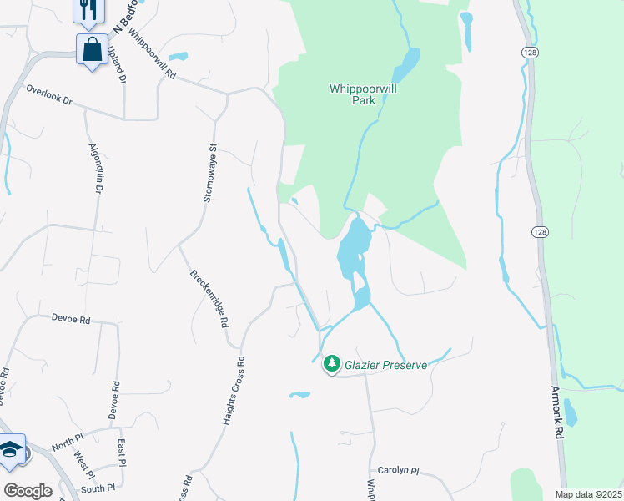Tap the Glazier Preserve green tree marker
coord(332,363)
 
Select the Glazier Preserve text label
coord(387,365)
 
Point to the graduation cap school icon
coord(10,450)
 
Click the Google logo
coord(28,491)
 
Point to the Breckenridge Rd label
coord(209,297)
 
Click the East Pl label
coord(122,452)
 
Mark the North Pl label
coord(68,447)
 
